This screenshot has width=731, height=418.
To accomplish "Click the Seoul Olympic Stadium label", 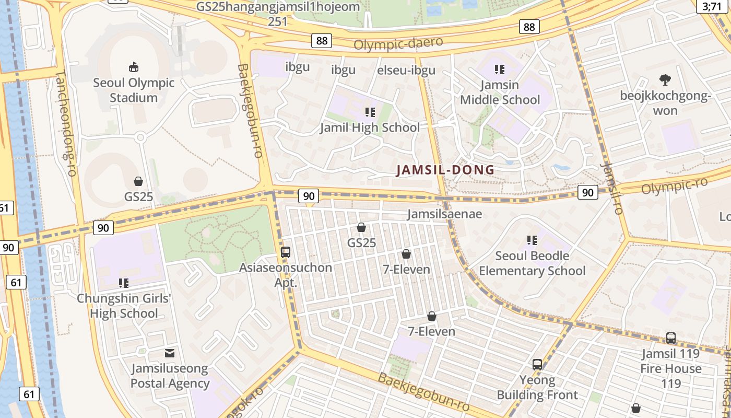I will tap(134, 90).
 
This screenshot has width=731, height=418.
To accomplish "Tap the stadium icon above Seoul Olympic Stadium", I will tap(134, 67).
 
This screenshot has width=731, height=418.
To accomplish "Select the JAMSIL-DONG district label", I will tap(445, 170).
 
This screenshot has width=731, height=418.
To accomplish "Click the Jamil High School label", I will tap(370, 127).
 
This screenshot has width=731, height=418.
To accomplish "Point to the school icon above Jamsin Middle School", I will tap(500, 69).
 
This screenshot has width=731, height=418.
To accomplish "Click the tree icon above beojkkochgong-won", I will tap(665, 80).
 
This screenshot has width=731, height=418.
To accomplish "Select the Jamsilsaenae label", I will tap(444, 214).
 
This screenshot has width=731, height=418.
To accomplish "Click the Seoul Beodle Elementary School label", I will tap(532, 263).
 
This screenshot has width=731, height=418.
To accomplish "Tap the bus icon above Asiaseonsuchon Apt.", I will tap(286, 252).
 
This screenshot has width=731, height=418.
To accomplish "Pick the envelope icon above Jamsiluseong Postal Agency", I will tap(170, 353).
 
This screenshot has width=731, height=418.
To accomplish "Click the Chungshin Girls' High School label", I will tap(124, 306).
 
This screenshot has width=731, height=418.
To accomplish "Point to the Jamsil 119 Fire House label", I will tap(671, 361).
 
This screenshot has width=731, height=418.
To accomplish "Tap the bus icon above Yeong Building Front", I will tap(537, 364).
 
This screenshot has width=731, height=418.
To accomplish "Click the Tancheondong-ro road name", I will tap(65, 123).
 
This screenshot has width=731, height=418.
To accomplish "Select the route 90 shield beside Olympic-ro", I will tap(588, 192).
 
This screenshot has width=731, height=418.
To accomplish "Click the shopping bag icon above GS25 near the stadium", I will tap(138, 181).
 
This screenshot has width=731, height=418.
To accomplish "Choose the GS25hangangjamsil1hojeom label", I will tap(278, 7).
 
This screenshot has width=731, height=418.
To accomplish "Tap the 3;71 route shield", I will tap(712, 6).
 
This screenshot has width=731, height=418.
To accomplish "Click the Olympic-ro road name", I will tap(674, 185).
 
